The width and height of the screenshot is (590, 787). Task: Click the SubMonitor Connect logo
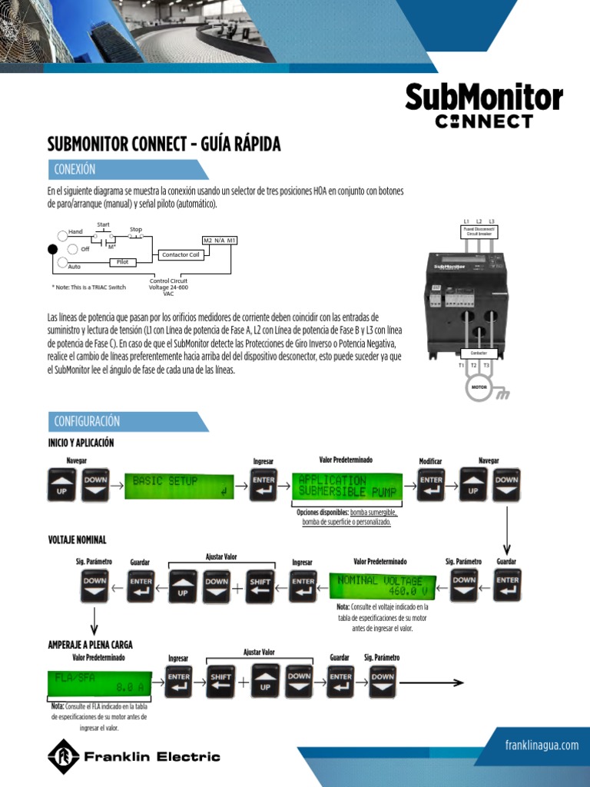(483, 105)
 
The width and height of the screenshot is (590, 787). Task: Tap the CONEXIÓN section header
(75, 169)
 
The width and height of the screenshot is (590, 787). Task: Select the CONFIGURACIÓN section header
(88, 421)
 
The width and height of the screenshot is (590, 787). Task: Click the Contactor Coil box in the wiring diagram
(180, 254)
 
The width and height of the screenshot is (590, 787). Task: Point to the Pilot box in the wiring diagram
(122, 262)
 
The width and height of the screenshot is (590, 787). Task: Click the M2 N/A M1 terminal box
(220, 241)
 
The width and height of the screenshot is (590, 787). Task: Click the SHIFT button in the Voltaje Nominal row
(260, 588)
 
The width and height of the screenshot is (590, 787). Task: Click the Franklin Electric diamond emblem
(63, 756)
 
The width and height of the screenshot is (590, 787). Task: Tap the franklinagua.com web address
(542, 745)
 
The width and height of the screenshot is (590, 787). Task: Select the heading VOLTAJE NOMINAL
(77, 540)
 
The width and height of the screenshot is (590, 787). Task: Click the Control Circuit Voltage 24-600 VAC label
(167, 287)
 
